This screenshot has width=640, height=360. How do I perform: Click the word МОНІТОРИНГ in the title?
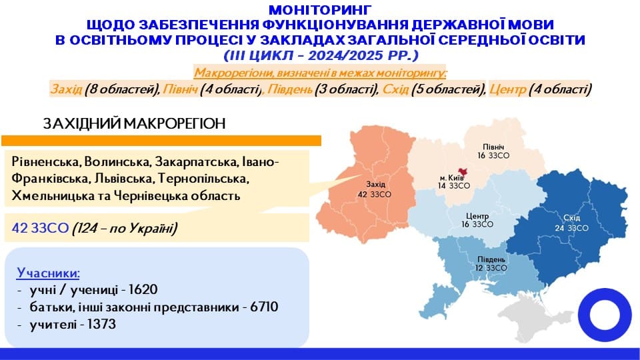pos(319,10)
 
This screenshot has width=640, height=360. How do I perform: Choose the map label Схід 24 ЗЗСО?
pos(571,223)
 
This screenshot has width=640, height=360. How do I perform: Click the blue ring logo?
pos(604,317)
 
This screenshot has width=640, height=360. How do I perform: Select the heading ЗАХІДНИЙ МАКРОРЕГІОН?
pos(134,124)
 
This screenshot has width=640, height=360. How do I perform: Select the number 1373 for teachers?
pos(101,325)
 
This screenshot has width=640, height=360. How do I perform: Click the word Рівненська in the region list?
pos(44,162)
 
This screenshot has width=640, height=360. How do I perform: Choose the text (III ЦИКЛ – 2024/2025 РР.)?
pos(319,54)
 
